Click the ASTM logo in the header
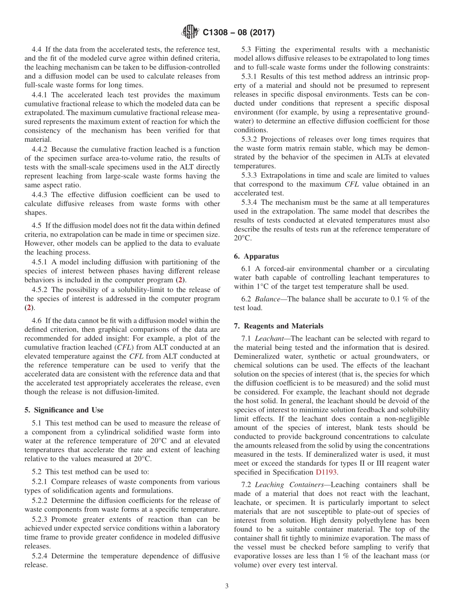(190, 32)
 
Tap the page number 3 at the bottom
(227, 586)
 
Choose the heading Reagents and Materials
(279, 326)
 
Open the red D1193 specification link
(326, 472)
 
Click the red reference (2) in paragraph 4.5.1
(179, 280)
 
